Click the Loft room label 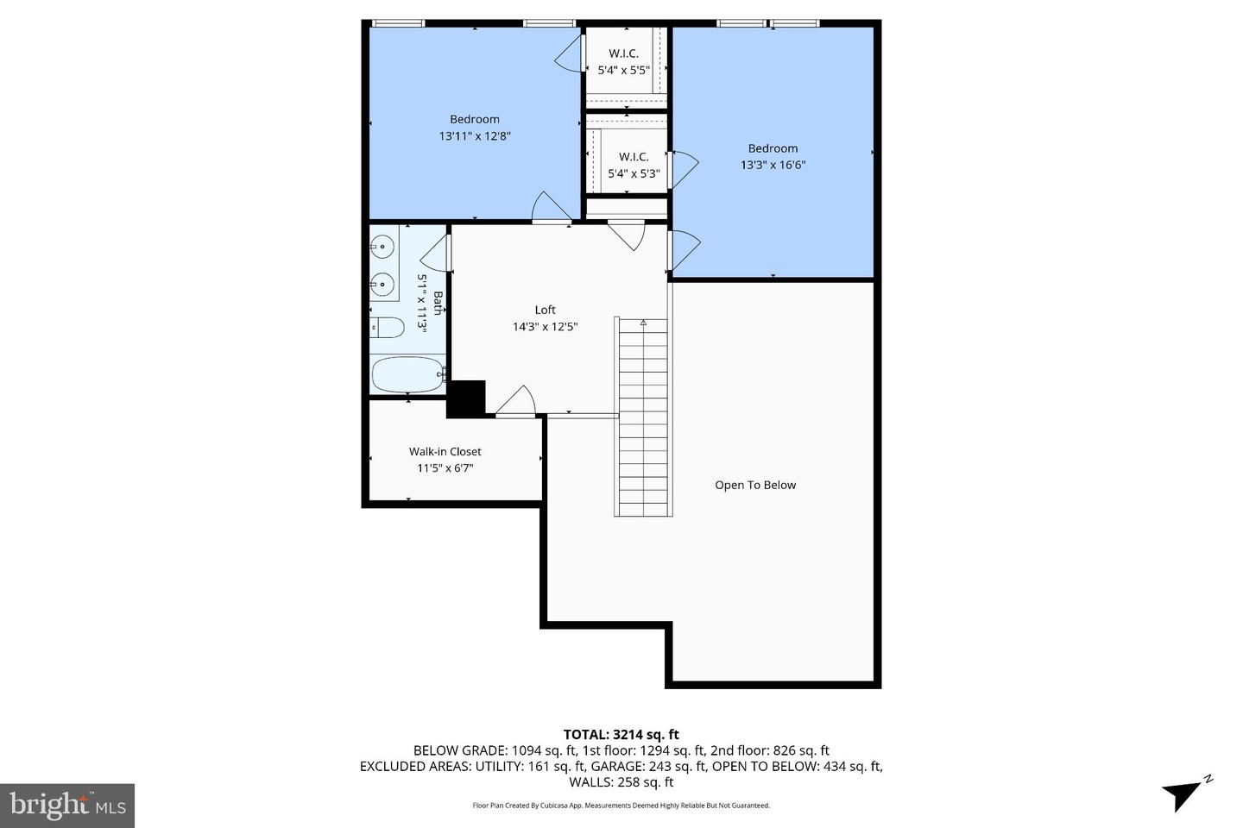pyautogui.click(x=545, y=310)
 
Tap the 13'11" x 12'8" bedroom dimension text pyautogui.click(x=475, y=136)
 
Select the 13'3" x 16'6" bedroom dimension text pyautogui.click(x=773, y=165)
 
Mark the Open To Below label pyautogui.click(x=755, y=485)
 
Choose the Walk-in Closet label pyautogui.click(x=445, y=451)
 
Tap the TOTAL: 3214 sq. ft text pyautogui.click(x=621, y=735)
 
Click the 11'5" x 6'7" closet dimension pyautogui.click(x=445, y=468)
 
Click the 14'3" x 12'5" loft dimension pyautogui.click(x=545, y=327)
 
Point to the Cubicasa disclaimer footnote pyautogui.click(x=621, y=806)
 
